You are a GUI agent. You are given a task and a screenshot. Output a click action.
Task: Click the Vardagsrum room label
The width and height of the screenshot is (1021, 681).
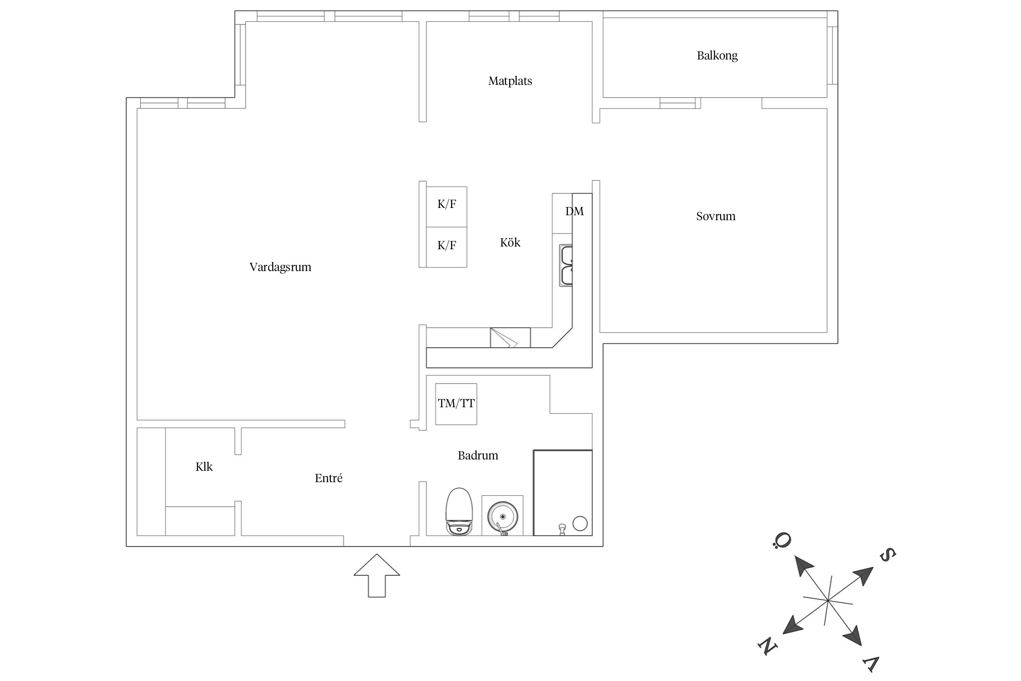[280, 267]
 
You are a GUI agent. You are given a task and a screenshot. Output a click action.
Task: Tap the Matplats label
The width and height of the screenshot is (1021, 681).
[510, 81]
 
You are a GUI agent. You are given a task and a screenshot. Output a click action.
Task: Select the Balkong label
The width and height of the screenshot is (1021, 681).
[717, 56]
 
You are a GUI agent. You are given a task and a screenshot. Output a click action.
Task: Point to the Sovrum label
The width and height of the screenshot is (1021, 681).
[716, 217]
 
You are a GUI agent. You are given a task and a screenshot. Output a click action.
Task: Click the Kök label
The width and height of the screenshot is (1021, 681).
[510, 243]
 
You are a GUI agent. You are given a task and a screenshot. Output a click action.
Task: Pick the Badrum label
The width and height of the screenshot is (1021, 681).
[478, 455]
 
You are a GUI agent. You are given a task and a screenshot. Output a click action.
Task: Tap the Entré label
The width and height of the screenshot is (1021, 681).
[329, 478]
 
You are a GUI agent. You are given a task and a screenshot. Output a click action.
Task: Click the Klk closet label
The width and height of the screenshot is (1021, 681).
[204, 467]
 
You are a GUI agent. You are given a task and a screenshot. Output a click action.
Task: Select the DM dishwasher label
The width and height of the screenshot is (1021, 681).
[574, 212]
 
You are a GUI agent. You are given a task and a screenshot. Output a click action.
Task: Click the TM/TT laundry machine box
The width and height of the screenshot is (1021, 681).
[456, 404]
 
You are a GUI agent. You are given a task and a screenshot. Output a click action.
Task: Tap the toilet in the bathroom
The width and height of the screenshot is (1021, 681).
[459, 512]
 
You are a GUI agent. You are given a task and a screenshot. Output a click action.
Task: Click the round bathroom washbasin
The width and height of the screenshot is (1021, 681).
[502, 516]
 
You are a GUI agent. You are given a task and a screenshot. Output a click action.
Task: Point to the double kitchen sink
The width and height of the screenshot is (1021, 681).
[566, 265]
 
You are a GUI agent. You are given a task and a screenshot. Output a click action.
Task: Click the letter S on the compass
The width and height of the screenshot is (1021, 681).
[888, 555]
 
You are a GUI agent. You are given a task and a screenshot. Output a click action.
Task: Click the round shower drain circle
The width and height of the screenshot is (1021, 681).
[580, 523]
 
